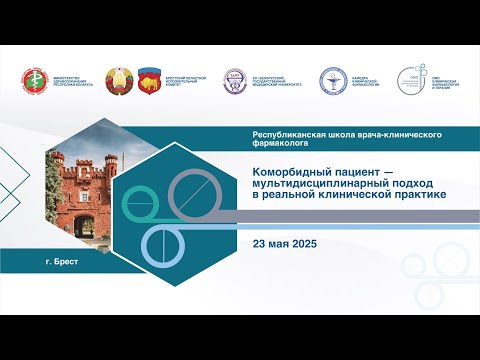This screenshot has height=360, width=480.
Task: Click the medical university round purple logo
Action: (x=233, y=81)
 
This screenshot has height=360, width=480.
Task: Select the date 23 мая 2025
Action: (x=291, y=244)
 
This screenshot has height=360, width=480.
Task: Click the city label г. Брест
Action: (x=62, y=261)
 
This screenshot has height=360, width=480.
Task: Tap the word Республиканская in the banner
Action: (x=289, y=134)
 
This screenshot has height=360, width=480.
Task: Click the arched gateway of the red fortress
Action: (x=85, y=225)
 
